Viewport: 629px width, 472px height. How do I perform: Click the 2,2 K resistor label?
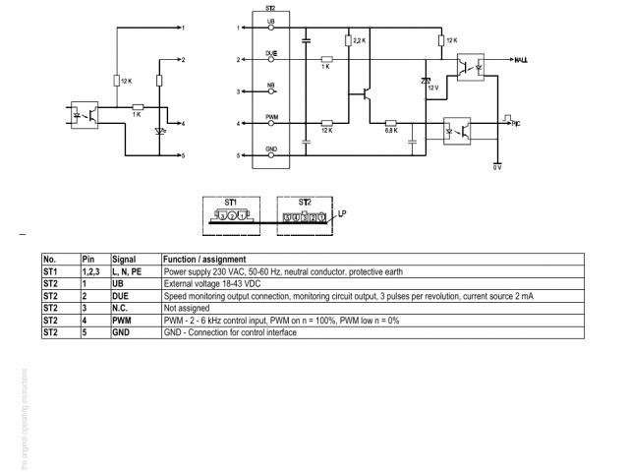tap(361, 41)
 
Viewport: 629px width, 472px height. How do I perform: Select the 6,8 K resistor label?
tap(390, 130)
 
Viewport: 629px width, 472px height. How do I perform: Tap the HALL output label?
tap(521, 60)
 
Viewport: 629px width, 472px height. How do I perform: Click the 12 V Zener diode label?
tap(432, 88)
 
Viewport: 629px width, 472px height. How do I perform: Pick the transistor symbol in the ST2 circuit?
tap(365, 94)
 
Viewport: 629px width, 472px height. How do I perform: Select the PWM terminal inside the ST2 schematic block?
tap(272, 117)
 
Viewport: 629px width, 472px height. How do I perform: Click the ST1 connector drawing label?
tap(230, 200)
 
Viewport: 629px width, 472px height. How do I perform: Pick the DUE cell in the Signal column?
tap(120, 296)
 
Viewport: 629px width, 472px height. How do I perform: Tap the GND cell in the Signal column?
tap(120, 332)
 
